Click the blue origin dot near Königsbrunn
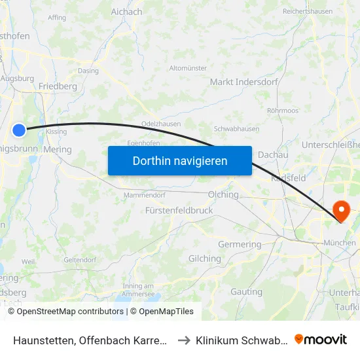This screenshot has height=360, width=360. [x=20, y=130]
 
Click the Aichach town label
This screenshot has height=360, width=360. [x=126, y=12]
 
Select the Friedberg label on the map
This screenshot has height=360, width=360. [x=58, y=86]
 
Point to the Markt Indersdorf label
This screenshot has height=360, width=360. [x=244, y=82]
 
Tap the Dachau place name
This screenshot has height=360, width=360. [x=273, y=154]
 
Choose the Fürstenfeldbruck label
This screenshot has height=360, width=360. [x=179, y=211]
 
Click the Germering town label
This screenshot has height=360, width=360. [x=239, y=244]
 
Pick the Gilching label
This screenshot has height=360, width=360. [x=205, y=259]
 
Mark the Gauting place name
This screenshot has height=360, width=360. [x=246, y=291]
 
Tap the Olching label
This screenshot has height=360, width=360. [x=223, y=194]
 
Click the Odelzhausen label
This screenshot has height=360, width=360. [x=161, y=124]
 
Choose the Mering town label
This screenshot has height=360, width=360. [x=58, y=149]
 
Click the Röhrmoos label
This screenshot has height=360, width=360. [x=283, y=111]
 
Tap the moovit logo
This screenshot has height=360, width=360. [x=321, y=339]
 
